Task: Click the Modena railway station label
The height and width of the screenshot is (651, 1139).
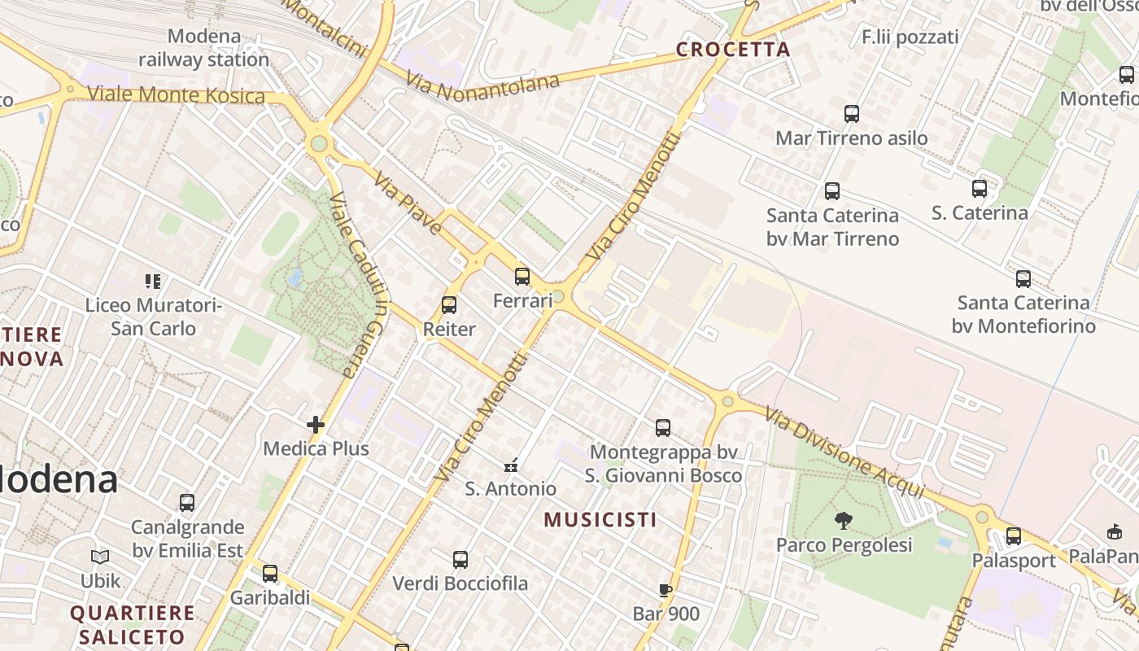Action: click(203, 48)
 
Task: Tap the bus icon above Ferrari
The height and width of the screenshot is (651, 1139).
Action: click(522, 277)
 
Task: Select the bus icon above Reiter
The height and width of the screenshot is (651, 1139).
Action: click(449, 305)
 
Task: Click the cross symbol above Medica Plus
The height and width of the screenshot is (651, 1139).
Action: click(316, 424)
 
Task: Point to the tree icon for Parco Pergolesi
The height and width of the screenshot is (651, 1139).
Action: click(844, 520)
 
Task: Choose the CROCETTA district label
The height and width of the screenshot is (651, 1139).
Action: click(733, 50)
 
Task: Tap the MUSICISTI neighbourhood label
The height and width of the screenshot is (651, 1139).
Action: click(600, 519)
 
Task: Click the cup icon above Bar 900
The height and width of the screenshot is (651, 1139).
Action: click(666, 590)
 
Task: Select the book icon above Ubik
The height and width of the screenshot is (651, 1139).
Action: click(100, 557)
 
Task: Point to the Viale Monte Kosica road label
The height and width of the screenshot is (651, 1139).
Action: click(176, 94)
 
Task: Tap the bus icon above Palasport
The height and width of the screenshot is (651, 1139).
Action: click(1013, 536)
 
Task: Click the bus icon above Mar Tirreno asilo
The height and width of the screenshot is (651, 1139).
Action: click(852, 114)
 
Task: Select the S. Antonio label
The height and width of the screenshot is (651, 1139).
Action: click(511, 489)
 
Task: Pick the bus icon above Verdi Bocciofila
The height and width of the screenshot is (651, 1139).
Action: click(460, 559)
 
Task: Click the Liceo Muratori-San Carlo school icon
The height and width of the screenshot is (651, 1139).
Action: click(153, 282)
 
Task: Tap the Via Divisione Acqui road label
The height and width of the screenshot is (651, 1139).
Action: click(844, 452)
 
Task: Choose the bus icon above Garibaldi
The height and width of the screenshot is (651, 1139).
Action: click(270, 573)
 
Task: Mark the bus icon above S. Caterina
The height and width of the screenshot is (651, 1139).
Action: click(980, 189)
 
